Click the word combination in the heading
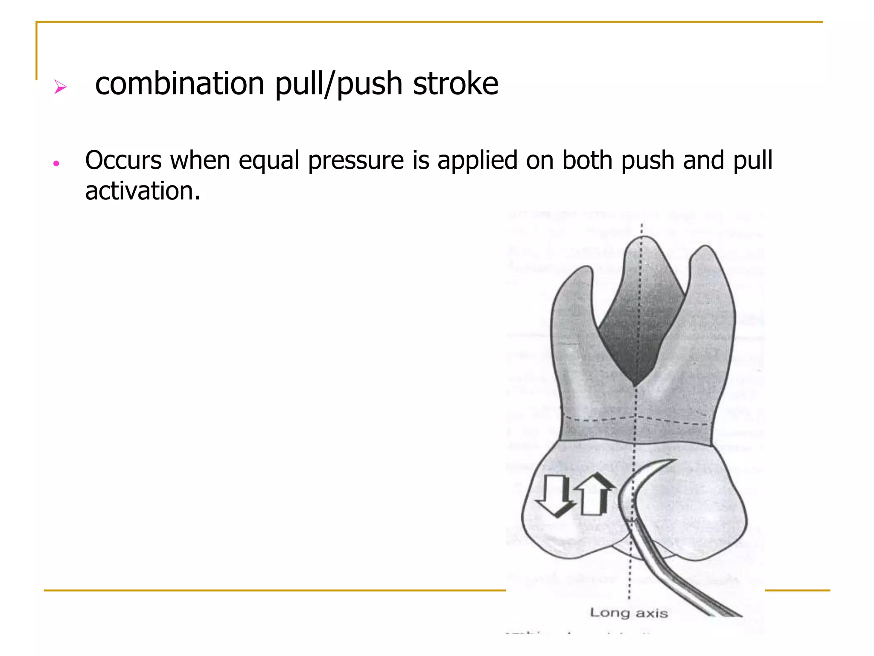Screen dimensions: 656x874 point(179,84)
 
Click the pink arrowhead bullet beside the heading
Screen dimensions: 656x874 point(60,87)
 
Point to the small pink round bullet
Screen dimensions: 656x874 point(56,164)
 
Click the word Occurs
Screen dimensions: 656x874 point(123,161)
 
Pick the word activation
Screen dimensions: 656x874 point(142,191)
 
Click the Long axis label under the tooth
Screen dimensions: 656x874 point(629,613)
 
